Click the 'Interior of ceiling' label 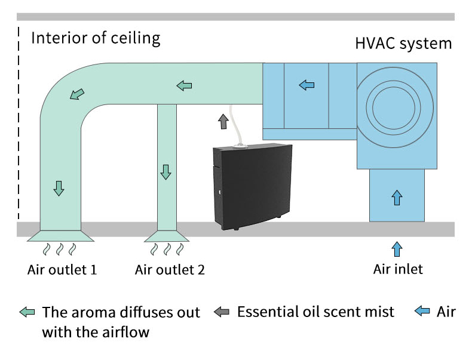(96, 39)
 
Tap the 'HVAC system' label (403, 44)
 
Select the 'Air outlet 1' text (62, 269)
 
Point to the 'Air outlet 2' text (170, 270)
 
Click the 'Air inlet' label (398, 269)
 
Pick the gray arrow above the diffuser (223, 121)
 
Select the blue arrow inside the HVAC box (307, 85)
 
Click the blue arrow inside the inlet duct (397, 196)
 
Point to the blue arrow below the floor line (397, 248)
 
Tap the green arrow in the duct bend (77, 94)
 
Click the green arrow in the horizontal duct (184, 86)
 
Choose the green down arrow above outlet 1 (59, 188)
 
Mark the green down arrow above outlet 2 (165, 172)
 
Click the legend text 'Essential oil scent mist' (315, 312)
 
